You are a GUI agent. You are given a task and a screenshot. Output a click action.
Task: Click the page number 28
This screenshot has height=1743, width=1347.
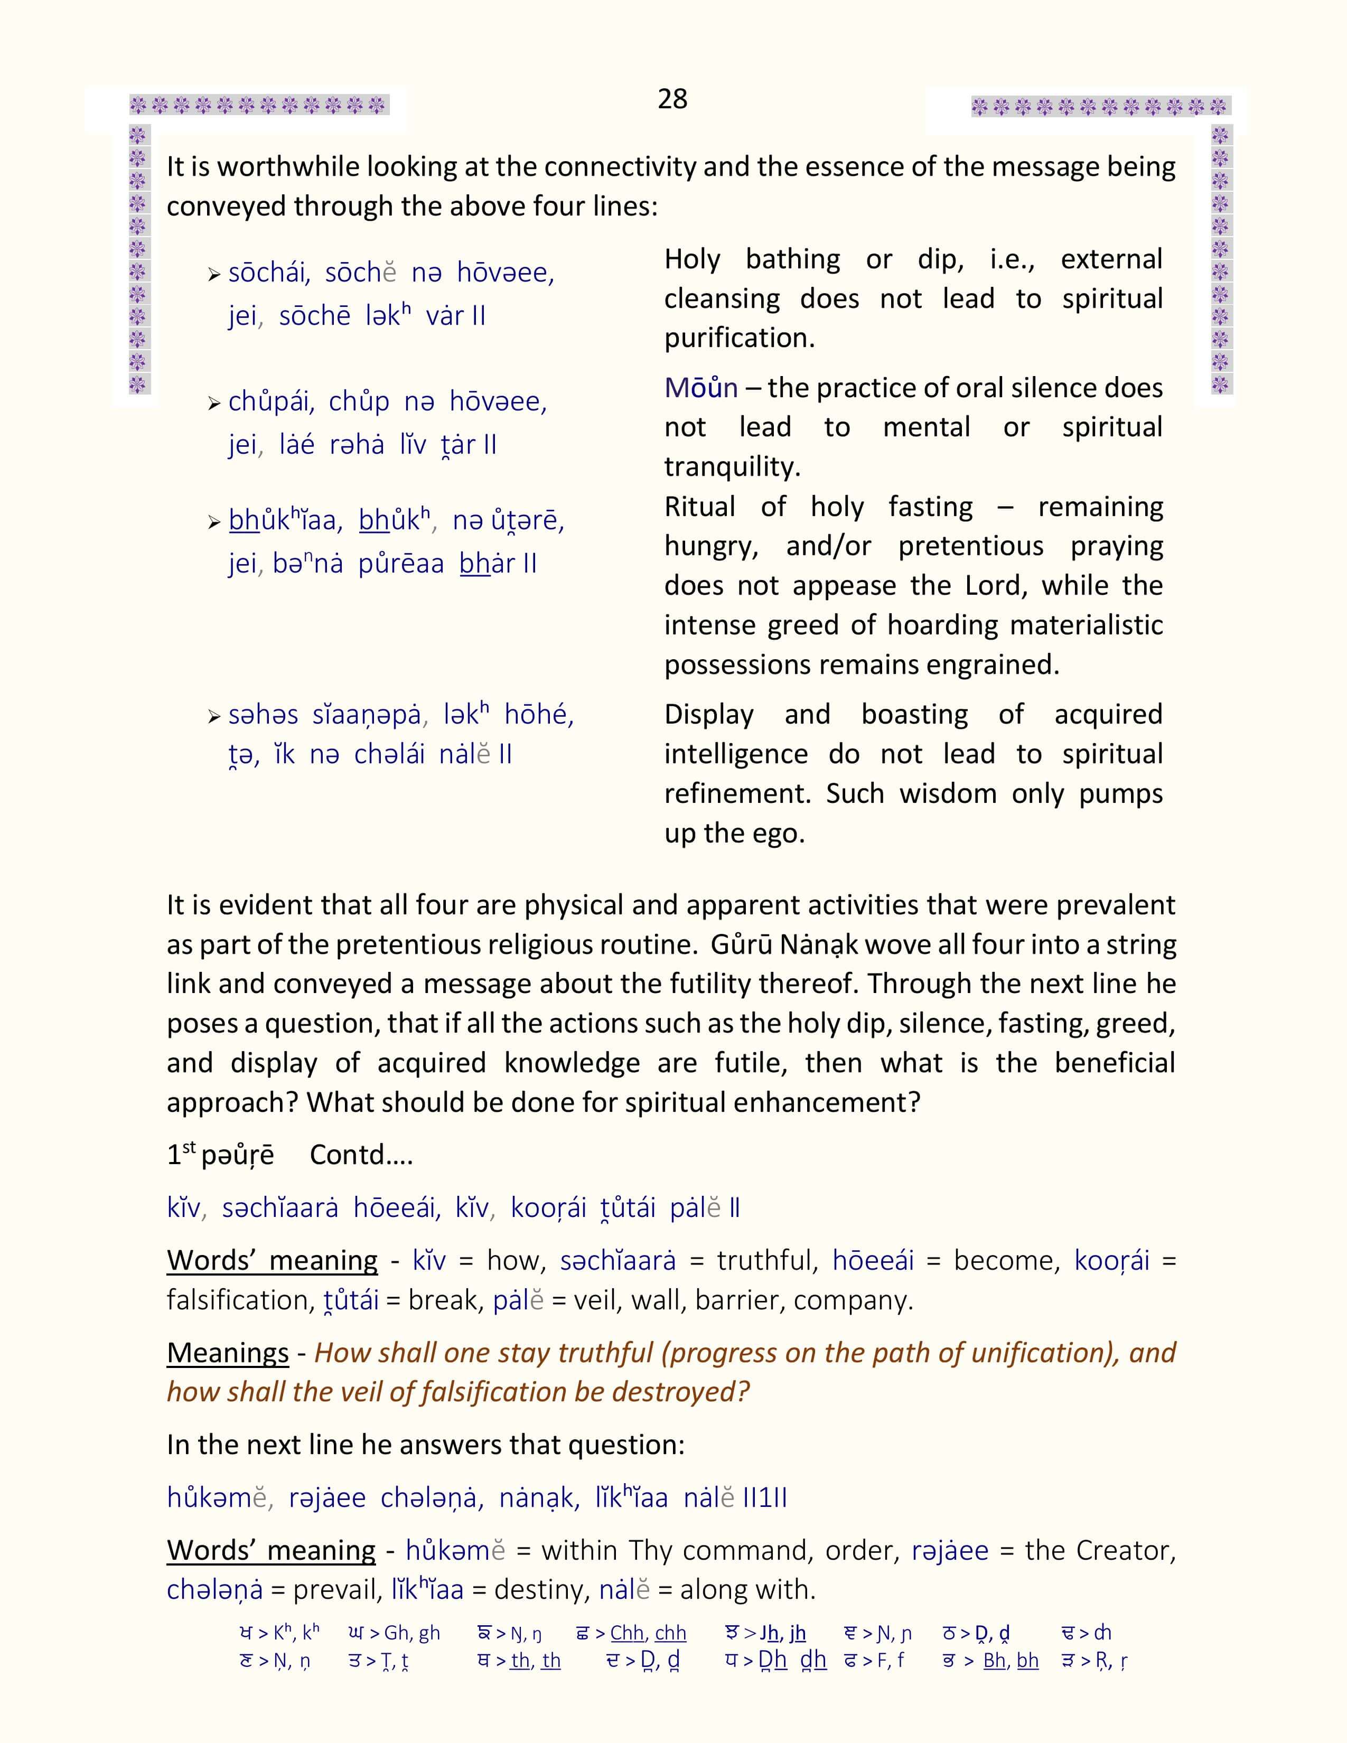pyautogui.click(x=672, y=99)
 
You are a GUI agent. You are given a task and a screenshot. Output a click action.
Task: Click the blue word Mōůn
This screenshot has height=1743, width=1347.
pyautogui.click(x=700, y=388)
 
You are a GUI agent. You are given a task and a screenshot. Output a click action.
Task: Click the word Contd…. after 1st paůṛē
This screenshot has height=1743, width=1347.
pyautogui.click(x=361, y=1155)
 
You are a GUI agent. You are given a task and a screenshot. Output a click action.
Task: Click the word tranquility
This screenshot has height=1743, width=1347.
pyautogui.click(x=732, y=467)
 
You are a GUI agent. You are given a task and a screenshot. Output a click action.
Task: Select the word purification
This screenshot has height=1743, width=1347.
pyautogui.click(x=739, y=339)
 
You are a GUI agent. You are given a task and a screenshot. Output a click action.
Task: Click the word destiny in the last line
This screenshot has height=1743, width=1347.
pyautogui.click(x=532, y=1590)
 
